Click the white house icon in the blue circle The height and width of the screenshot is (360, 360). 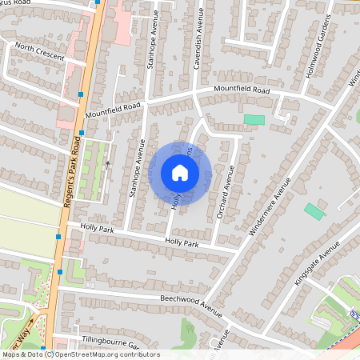(x=180, y=173)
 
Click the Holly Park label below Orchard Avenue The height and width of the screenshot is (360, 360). (x=181, y=242)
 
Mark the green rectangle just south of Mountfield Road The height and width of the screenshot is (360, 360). (x=254, y=120)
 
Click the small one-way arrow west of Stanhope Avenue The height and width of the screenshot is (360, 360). (x=107, y=165)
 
